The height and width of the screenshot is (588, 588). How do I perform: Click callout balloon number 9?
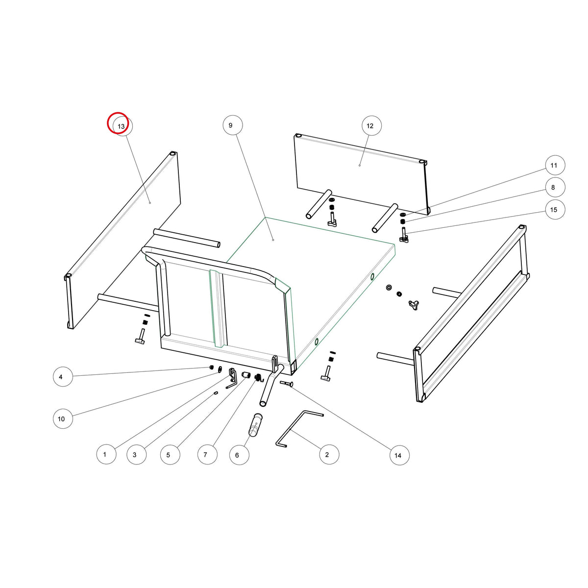pos(233,125)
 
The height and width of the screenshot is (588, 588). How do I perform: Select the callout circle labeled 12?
pos(371,126)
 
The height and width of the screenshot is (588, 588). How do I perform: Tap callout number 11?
pos(555,165)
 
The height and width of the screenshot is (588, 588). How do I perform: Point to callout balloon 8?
pos(555,187)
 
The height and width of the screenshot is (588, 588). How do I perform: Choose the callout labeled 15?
pos(555,210)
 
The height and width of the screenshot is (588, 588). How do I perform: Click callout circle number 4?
pos(63,377)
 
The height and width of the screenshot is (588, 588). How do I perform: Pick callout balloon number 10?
pos(63,418)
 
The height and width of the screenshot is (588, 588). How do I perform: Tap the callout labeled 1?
pos(106,454)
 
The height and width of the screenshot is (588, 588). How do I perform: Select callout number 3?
pos(136,454)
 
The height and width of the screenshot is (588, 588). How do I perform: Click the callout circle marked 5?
pos(170,455)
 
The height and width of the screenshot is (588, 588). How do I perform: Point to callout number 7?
pos(207,454)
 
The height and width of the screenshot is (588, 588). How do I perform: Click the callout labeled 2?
pos(329,454)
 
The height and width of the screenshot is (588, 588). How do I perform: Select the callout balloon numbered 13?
pos(122,126)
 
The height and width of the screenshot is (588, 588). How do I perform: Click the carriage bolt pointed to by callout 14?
pos(286,383)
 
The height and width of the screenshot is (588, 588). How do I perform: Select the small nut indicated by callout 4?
pos(211,367)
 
